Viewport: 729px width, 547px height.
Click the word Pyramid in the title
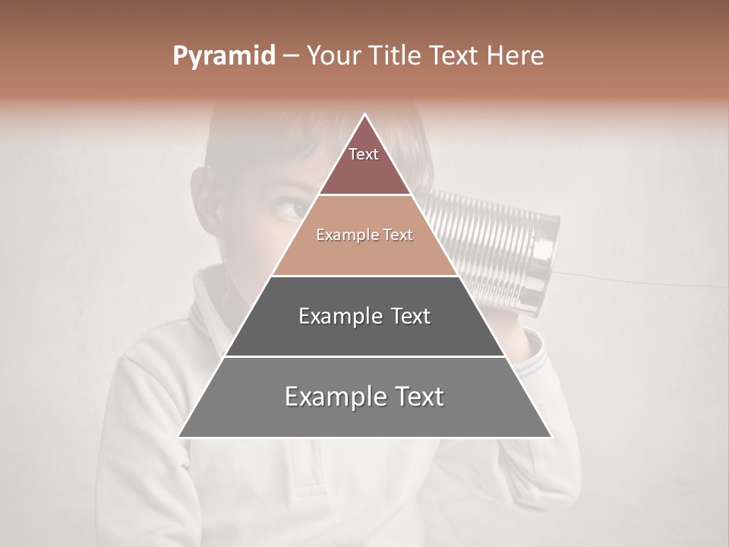pyautogui.click(x=223, y=56)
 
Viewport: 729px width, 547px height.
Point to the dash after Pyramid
pyautogui.click(x=291, y=56)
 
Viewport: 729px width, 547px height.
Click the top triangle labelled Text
pyautogui.click(x=364, y=163)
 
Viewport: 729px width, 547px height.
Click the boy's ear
pyautogui.click(x=207, y=194)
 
